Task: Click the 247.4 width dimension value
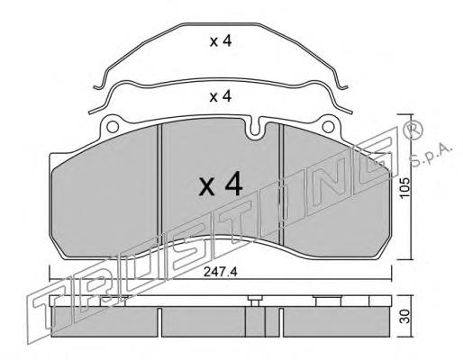point(221,272)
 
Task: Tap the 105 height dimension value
point(404,187)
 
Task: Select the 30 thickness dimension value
point(405,317)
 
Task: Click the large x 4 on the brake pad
point(221,184)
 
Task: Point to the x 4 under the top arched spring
point(221,41)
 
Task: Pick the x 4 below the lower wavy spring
point(221,96)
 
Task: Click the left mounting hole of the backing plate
point(113,127)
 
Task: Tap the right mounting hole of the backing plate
point(328,127)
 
